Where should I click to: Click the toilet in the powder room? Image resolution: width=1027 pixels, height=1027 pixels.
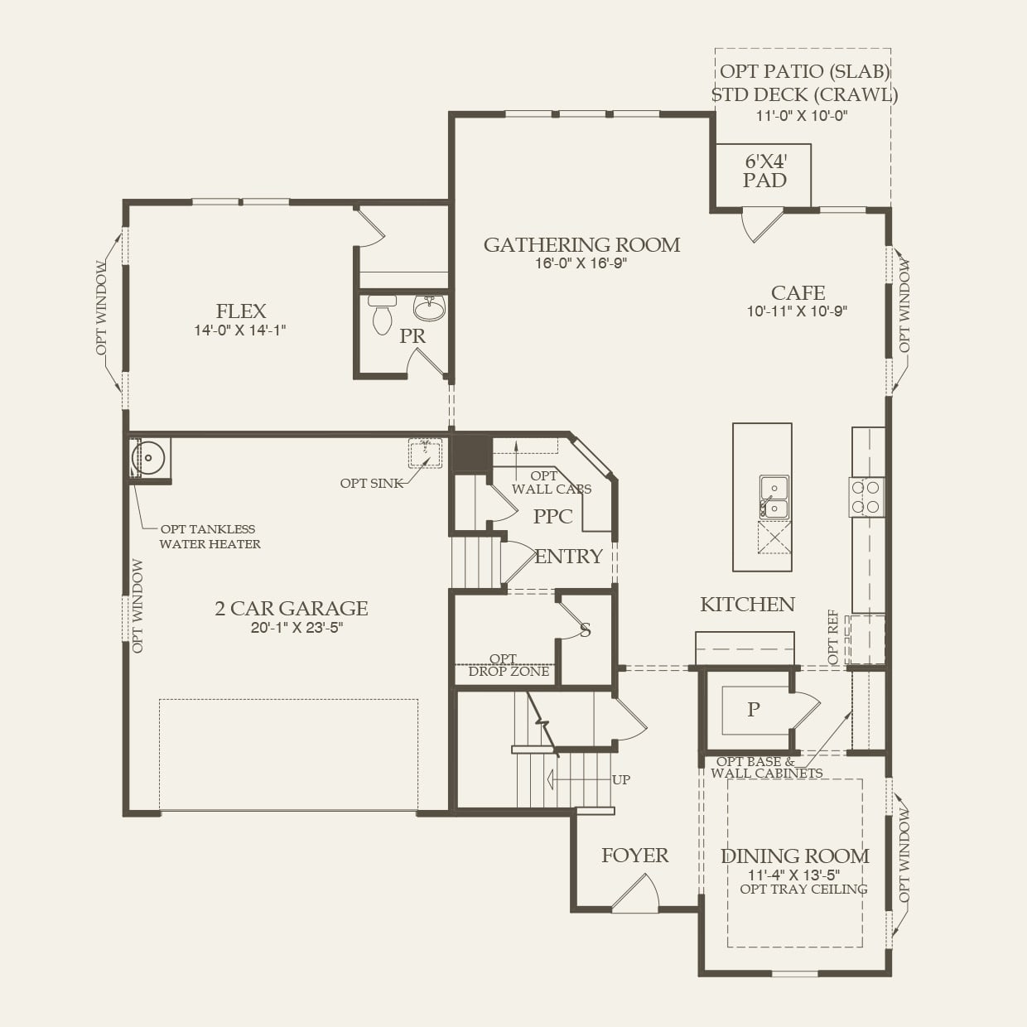click(x=382, y=315)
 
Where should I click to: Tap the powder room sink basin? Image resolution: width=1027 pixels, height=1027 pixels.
click(x=429, y=309)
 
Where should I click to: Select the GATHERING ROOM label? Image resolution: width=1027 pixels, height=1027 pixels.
click(x=581, y=244)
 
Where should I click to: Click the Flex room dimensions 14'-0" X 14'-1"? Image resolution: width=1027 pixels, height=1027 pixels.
click(x=240, y=330)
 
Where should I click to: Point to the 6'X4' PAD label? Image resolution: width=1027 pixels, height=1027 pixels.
click(x=764, y=171)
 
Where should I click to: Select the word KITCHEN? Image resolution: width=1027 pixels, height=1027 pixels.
click(x=747, y=605)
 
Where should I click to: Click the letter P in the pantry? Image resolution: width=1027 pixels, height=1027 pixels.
click(x=754, y=709)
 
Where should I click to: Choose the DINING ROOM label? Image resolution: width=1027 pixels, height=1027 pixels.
click(x=794, y=856)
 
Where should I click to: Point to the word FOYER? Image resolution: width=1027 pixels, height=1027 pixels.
click(x=634, y=856)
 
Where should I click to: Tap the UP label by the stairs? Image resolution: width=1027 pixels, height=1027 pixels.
click(x=620, y=779)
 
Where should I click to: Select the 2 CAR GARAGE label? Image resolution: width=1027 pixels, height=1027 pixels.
click(x=292, y=609)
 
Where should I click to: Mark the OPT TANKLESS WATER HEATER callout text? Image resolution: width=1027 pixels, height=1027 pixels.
click(x=210, y=537)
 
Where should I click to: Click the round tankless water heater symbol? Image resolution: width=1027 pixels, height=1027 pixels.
click(x=150, y=456)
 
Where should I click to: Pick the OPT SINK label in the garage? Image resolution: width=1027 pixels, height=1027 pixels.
click(x=372, y=483)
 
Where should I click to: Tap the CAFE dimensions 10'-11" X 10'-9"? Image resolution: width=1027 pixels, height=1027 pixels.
click(x=797, y=312)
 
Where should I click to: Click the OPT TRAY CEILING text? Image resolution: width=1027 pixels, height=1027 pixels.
click(x=803, y=889)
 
